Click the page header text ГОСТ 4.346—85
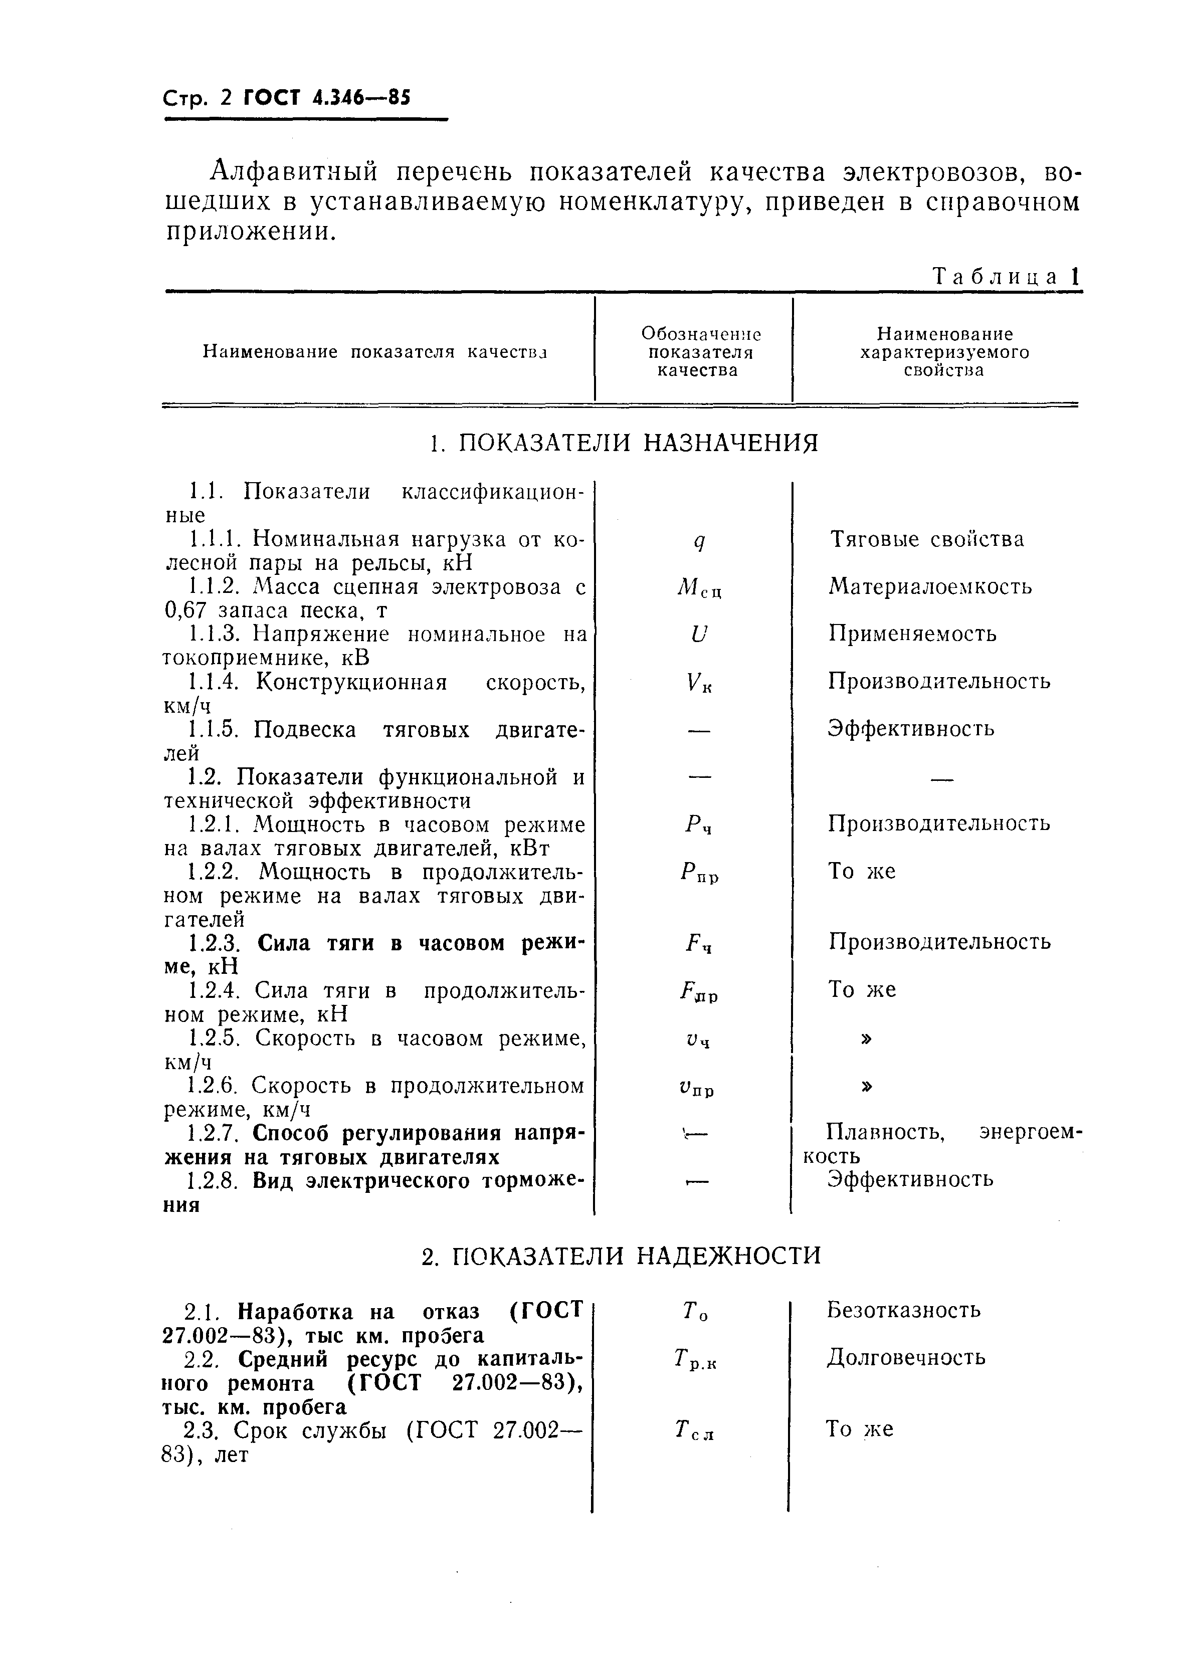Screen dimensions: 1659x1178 click(x=326, y=97)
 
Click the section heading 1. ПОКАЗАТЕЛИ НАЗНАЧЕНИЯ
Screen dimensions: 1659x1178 click(x=623, y=442)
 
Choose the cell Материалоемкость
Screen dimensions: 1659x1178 click(x=930, y=586)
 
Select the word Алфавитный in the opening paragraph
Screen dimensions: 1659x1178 click(x=294, y=172)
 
